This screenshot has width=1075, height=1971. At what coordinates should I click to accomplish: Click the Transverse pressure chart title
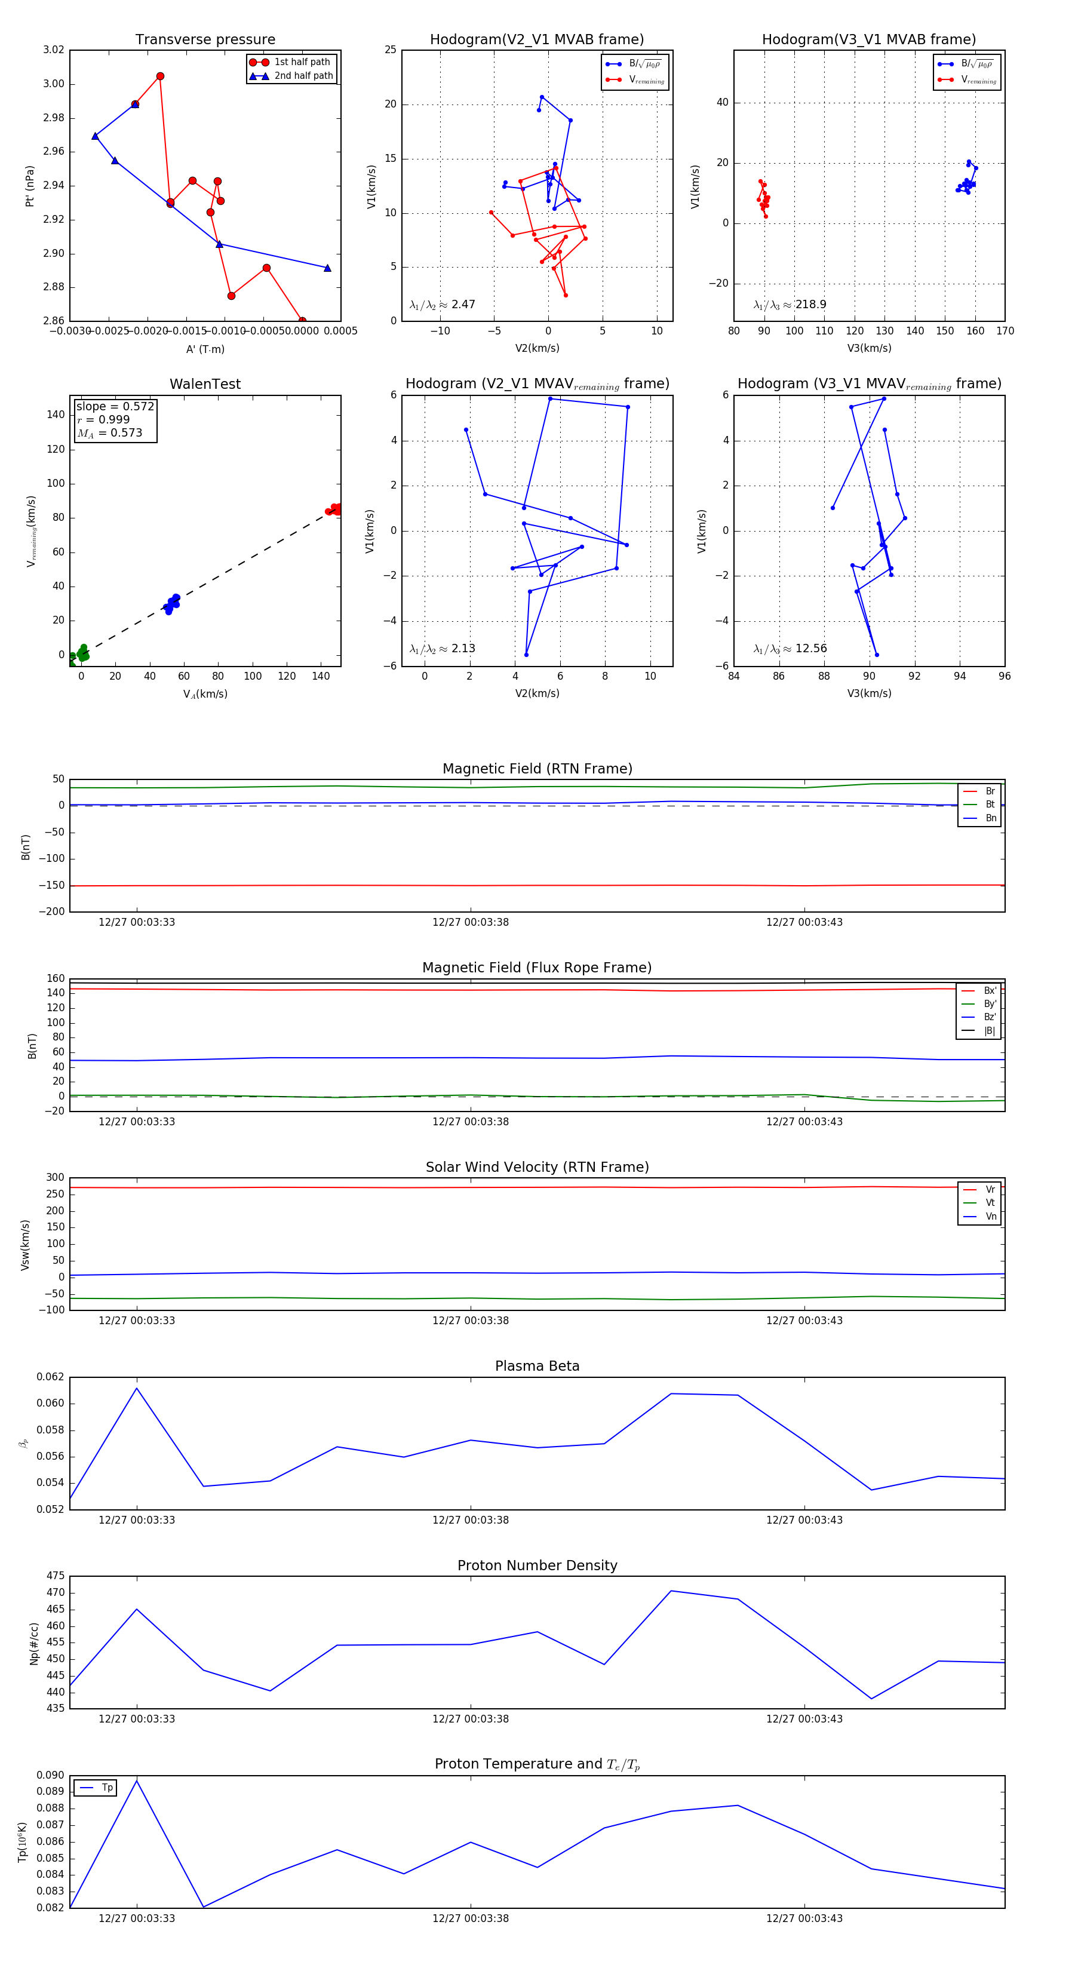pyautogui.click(x=205, y=40)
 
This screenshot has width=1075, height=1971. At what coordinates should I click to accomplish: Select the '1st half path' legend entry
pyautogui.click(x=302, y=62)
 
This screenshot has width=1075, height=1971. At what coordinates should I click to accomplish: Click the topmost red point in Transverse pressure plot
pyautogui.click(x=160, y=76)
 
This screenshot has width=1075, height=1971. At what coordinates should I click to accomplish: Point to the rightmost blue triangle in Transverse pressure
pyautogui.click(x=327, y=268)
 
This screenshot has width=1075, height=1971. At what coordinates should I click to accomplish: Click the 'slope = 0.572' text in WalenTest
pyautogui.click(x=115, y=406)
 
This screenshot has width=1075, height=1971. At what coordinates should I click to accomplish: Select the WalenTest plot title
pyautogui.click(x=205, y=384)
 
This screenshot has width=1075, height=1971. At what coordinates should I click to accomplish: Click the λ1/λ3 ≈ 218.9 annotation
pyautogui.click(x=790, y=305)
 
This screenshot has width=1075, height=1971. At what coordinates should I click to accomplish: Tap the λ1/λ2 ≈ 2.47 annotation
pyautogui.click(x=442, y=305)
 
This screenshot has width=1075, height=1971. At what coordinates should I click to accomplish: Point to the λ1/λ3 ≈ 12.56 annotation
pyautogui.click(x=790, y=649)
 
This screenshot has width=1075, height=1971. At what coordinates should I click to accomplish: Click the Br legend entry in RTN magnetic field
pyautogui.click(x=990, y=791)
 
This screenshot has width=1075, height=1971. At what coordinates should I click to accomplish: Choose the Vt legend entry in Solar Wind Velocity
pyautogui.click(x=990, y=1203)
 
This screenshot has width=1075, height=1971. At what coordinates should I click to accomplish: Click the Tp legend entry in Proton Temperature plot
pyautogui.click(x=107, y=1788)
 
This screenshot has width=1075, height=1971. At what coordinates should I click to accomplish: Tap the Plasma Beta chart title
pyautogui.click(x=537, y=1366)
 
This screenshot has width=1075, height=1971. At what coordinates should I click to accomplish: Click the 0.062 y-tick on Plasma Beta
pyautogui.click(x=51, y=1377)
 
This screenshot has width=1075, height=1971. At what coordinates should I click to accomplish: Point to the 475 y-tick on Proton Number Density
pyautogui.click(x=55, y=1576)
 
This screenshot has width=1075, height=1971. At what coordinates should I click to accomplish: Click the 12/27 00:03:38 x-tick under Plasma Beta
pyautogui.click(x=471, y=1519)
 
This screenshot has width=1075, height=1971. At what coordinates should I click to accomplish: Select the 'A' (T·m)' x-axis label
pyautogui.click(x=205, y=349)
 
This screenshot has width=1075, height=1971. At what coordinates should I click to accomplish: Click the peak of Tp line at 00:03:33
pyautogui.click(x=137, y=1780)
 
